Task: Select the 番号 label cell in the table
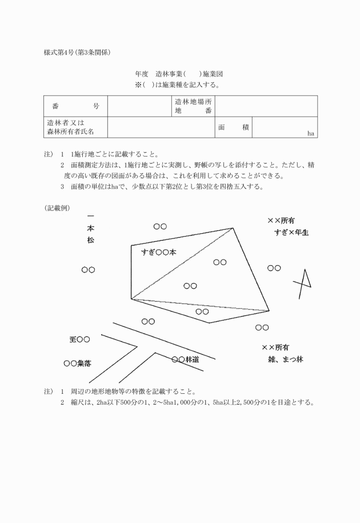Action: (75, 106)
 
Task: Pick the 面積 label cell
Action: (233, 127)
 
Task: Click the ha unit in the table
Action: (311, 133)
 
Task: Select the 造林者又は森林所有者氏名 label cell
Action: (75, 127)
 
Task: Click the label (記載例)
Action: (57, 208)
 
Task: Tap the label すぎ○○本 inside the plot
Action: (159, 251)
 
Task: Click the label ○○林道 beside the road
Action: (185, 360)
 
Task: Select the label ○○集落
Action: (77, 363)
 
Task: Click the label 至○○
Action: (79, 340)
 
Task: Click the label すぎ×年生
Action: (291, 233)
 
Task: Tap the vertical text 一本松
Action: (90, 228)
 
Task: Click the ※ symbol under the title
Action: (138, 85)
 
